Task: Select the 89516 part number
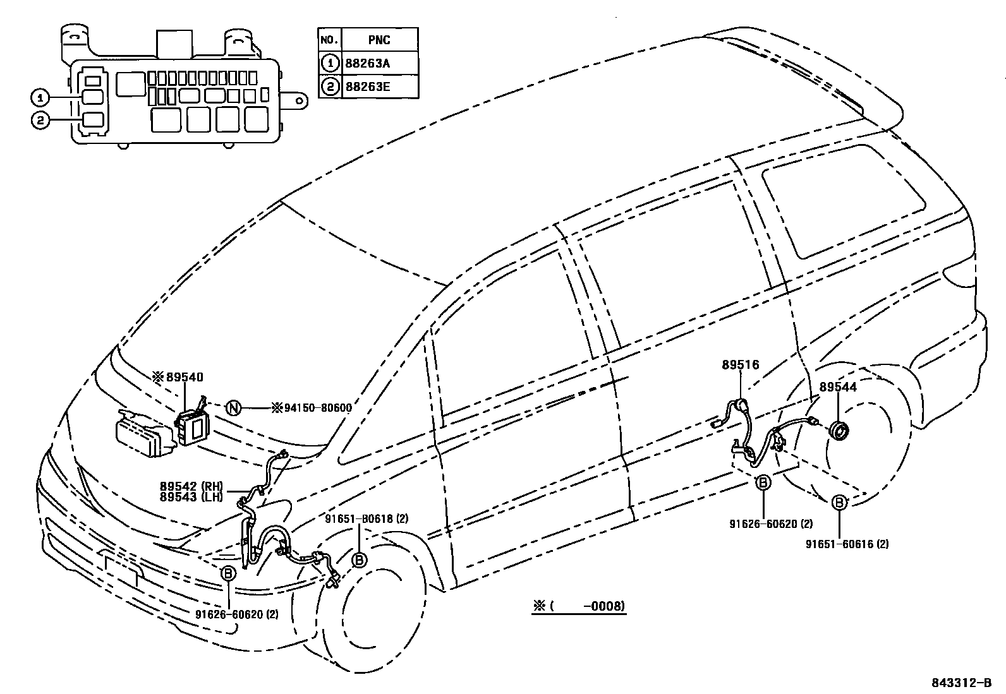tap(741, 365)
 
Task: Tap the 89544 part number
tap(838, 387)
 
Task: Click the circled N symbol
tap(233, 408)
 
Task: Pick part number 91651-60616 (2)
tap(847, 544)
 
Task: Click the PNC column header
tap(379, 40)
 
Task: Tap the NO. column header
tap(329, 40)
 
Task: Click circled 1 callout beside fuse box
tap(40, 97)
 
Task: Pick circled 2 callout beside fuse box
tap(40, 120)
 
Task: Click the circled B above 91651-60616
tap(839, 503)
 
